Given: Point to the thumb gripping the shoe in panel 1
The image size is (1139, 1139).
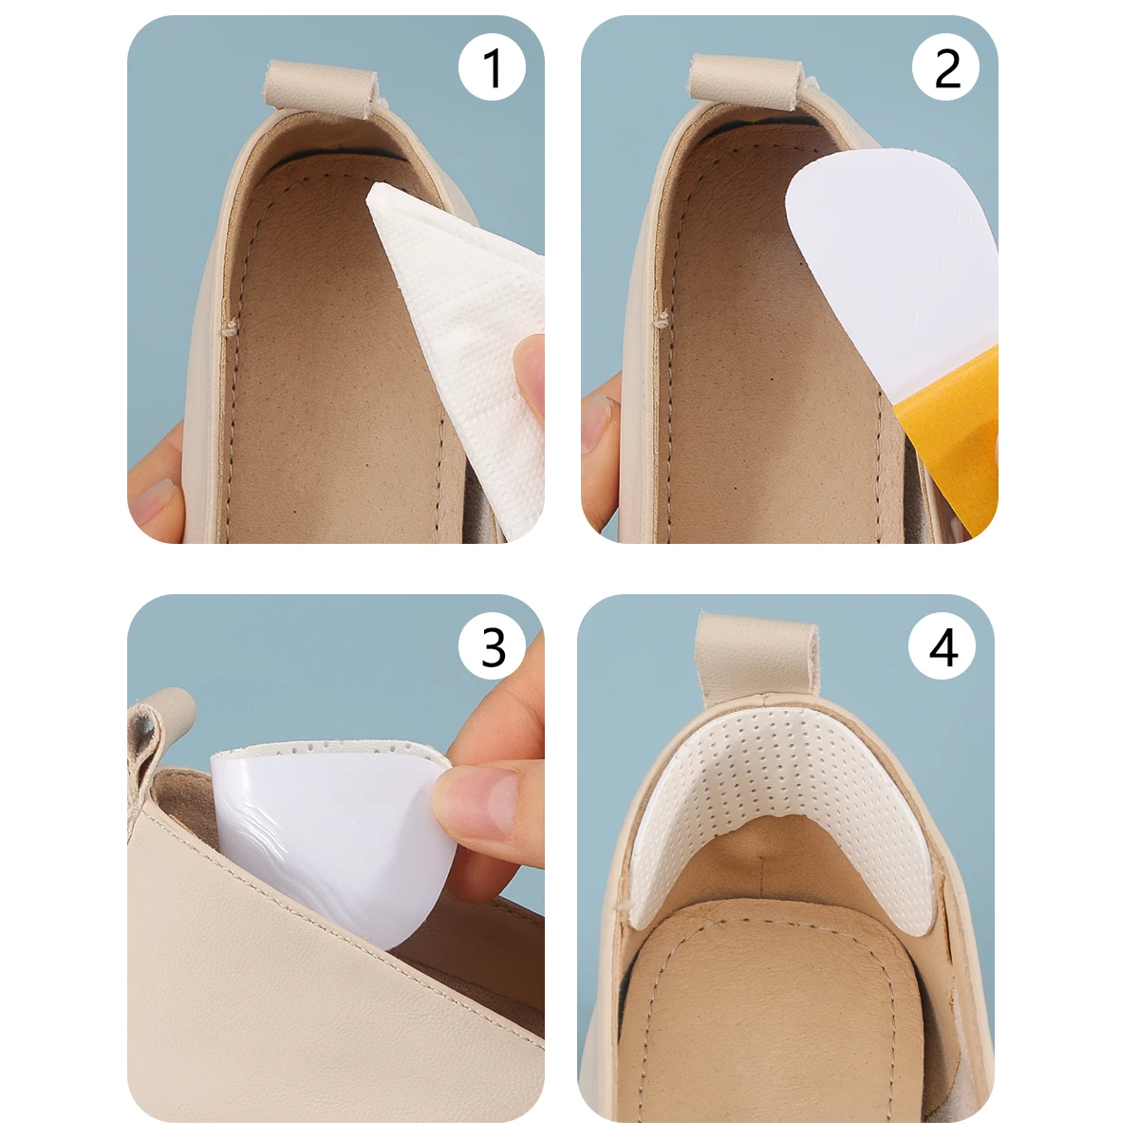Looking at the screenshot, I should click(x=157, y=484).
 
